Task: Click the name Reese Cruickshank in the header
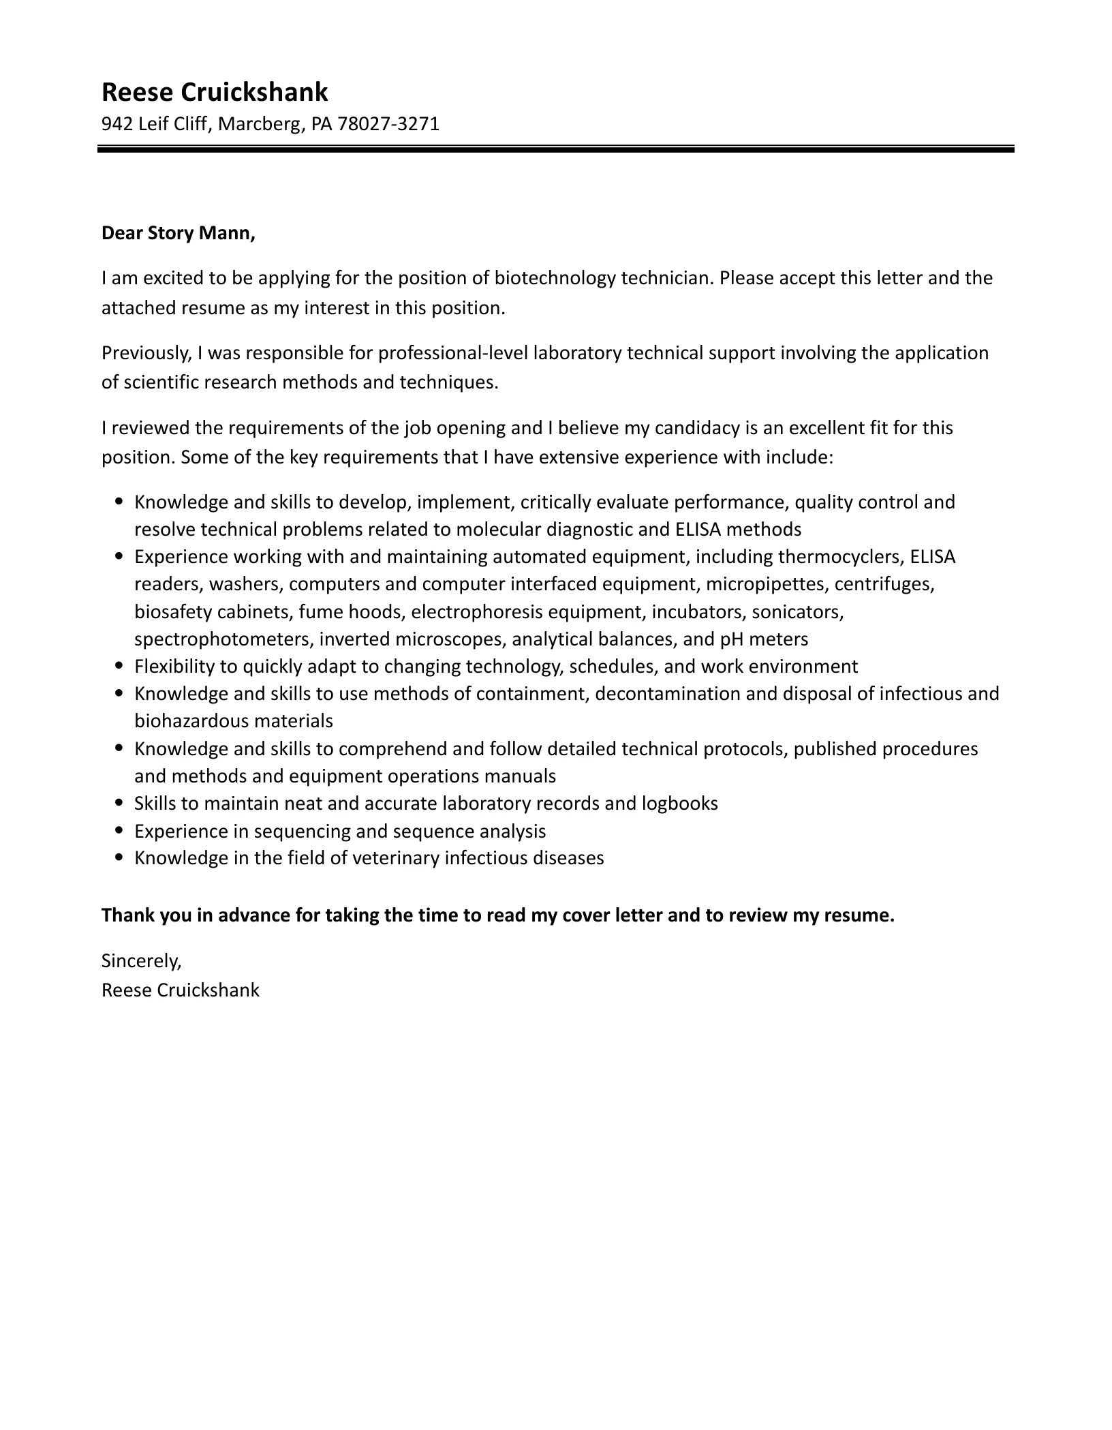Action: pyautogui.click(x=215, y=92)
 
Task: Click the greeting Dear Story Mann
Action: pyautogui.click(x=178, y=234)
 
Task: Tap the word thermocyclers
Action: pyautogui.click(x=839, y=558)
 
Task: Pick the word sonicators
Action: pyautogui.click(x=797, y=612)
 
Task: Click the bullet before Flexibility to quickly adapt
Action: pyautogui.click(x=120, y=667)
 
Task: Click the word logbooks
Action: pyautogui.click(x=679, y=804)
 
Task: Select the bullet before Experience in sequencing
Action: pyautogui.click(x=120, y=832)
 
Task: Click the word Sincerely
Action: pyautogui.click(x=141, y=961)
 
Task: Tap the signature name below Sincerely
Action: pyautogui.click(x=181, y=990)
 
